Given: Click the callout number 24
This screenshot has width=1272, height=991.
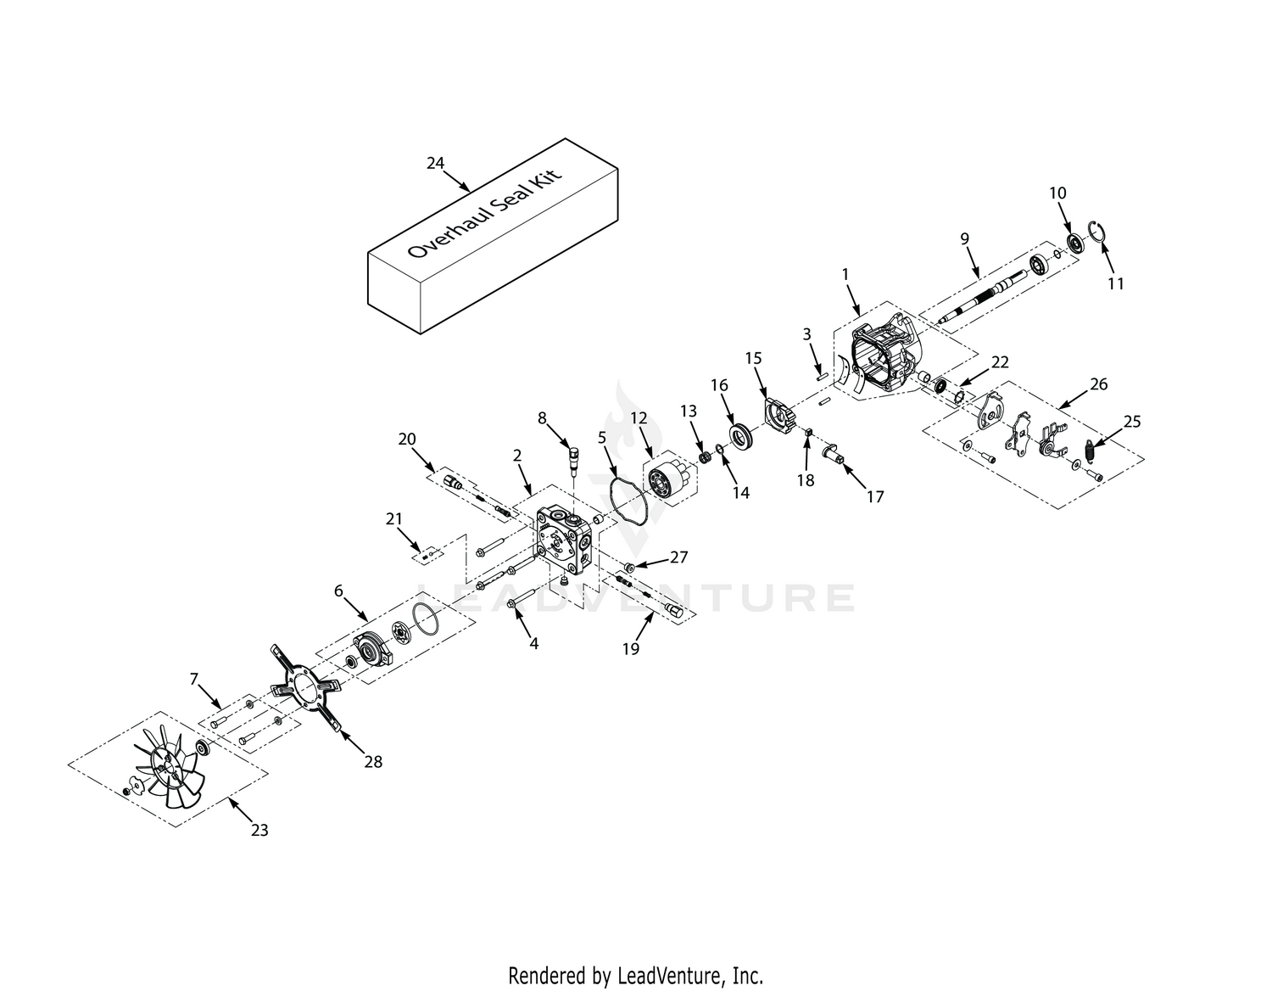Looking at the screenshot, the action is pos(435,164).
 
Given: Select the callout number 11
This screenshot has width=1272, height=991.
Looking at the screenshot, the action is pos(1116,283).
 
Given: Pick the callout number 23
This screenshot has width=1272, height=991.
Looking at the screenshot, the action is pos(259,830).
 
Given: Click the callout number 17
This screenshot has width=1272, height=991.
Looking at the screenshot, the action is pos(874,497).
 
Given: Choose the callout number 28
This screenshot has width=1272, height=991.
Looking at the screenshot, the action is pos(373,761).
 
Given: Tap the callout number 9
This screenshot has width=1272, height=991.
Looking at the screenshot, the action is pos(964,239).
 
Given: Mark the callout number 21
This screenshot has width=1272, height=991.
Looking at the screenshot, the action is pos(394,519).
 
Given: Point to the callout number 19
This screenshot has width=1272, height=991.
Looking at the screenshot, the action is pos(630,649).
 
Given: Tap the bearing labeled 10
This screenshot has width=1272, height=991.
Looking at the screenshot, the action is pos(1075,243).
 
